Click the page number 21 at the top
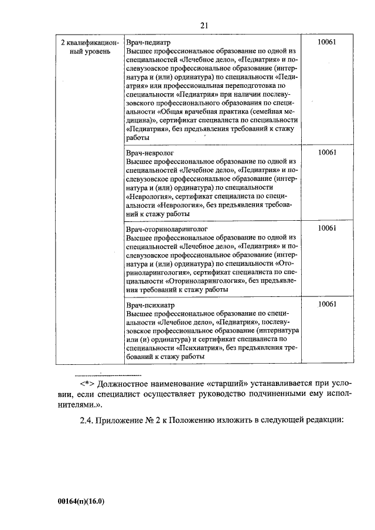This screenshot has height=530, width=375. tap(204, 25)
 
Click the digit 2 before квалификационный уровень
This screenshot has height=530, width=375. tap(63, 43)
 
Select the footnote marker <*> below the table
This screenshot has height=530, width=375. tap(87, 384)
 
